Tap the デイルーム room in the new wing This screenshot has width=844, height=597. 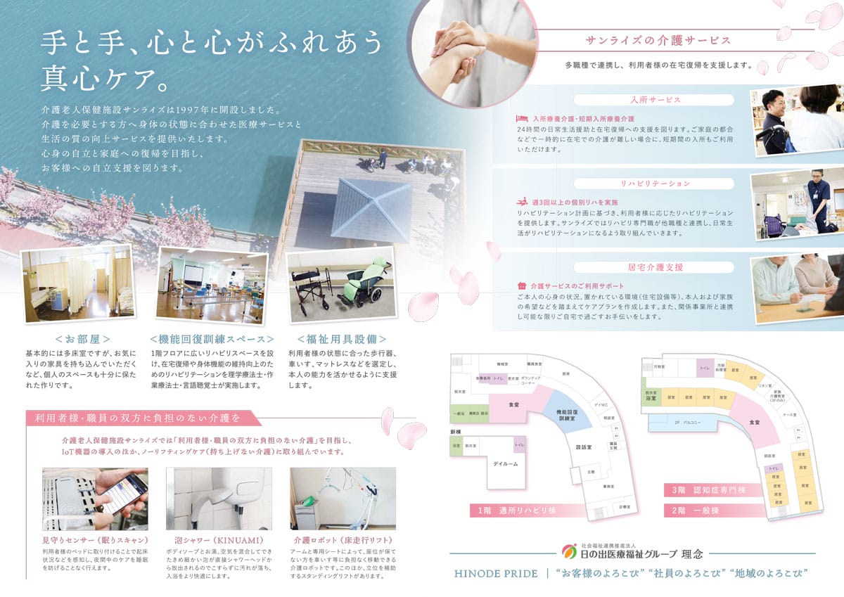tap(505, 464)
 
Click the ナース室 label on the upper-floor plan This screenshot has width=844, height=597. tap(790, 415)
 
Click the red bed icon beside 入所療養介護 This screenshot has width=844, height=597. tap(521, 119)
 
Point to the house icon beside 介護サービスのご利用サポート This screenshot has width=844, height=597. tap(521, 286)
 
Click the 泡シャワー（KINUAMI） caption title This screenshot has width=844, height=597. tap(210, 540)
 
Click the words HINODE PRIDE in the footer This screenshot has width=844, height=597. tap(496, 574)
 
